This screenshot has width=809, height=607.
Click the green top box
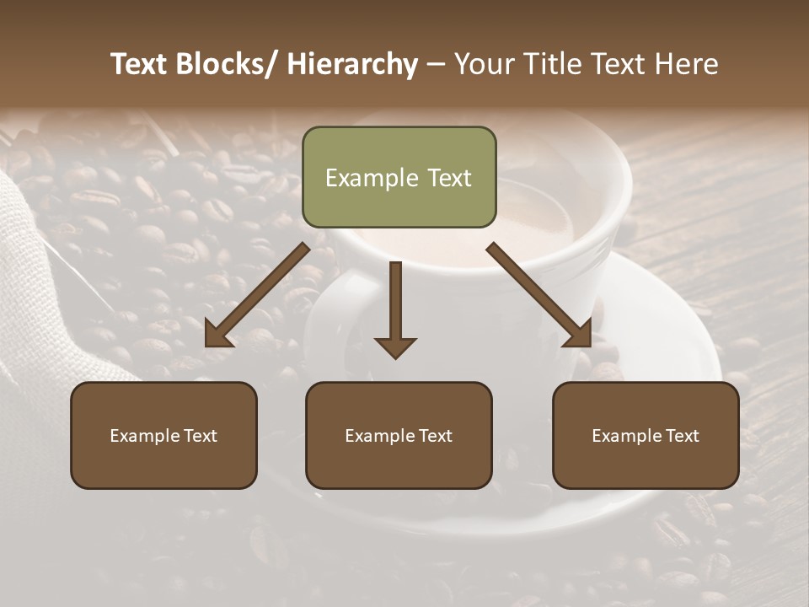[x=399, y=177]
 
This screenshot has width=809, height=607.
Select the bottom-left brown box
[x=163, y=435]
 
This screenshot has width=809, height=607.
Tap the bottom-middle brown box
[x=399, y=435]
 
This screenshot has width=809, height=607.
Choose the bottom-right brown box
[x=646, y=435]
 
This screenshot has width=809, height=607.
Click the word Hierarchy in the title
[x=352, y=64]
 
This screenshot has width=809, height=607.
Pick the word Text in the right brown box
[x=682, y=436]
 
